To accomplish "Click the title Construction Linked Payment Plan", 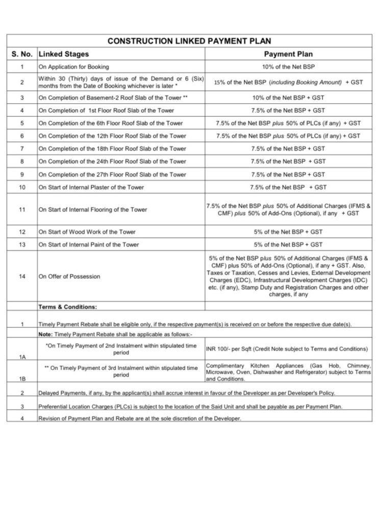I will tap(189, 41).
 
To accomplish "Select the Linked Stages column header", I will tap(64, 54).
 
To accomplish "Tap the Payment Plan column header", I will tap(288, 54).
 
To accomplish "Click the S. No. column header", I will tap(22, 54).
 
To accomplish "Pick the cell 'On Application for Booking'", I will tap(74, 67).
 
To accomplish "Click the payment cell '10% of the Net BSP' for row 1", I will tap(288, 67).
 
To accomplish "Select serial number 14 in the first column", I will tap(22, 276).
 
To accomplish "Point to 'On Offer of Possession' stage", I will tap(70, 276).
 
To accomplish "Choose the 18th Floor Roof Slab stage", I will tap(113, 149).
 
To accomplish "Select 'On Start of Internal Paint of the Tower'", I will tap(89, 245).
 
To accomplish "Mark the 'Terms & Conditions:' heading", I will tap(68, 307).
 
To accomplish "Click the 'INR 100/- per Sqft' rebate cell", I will tap(286, 349).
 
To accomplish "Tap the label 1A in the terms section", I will tap(22, 357).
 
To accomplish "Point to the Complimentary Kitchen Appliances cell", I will tap(288, 372).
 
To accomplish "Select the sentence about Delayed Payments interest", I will tap(187, 393).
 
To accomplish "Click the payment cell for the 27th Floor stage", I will tap(288, 174).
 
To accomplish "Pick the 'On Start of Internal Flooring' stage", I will tap(93, 209).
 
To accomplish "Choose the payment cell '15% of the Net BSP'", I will tap(288, 82).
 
